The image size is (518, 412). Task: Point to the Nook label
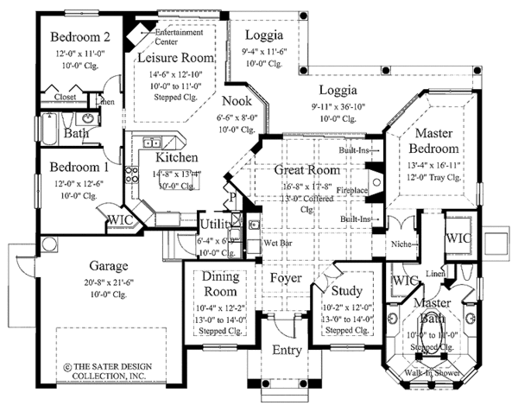237,101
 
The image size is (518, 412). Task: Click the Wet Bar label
275,244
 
